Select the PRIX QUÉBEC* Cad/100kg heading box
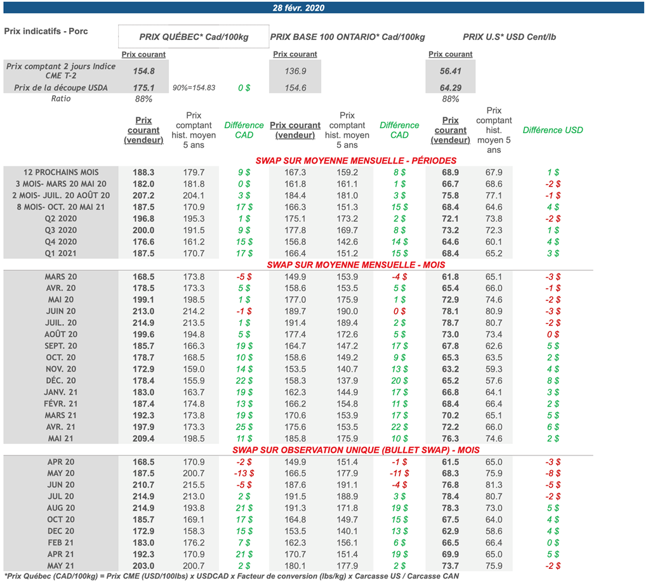pos(194,37)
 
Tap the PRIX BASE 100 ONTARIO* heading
pos(347,37)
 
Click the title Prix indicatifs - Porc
pos(46,31)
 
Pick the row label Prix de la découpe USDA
pos(61,88)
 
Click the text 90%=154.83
pos(194,88)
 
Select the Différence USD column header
pos(552,130)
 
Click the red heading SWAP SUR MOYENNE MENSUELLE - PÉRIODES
pos(355,160)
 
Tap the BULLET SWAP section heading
pos(355,450)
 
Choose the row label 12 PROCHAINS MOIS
pos(61,172)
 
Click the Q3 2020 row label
pos(61,230)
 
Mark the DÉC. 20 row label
pos(61,381)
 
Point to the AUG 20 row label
pos(61,508)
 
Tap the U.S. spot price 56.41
pos(450,72)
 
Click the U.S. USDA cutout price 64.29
pos(450,88)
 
